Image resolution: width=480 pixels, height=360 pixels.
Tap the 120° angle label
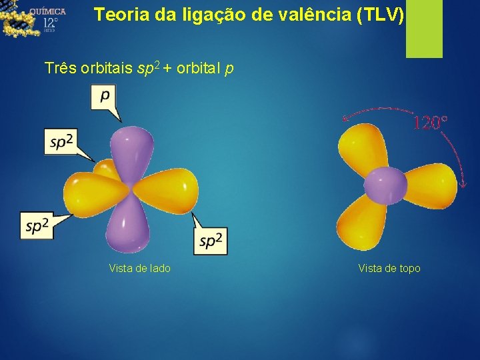pos(430,123)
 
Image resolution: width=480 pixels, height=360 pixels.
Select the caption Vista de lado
pos(139,268)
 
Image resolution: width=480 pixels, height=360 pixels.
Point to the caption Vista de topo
pos(389,268)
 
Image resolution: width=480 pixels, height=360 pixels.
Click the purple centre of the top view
pos(385,183)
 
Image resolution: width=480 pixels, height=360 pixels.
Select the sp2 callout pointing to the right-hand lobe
pos(211,241)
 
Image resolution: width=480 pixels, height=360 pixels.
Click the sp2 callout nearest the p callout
pos(61,141)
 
